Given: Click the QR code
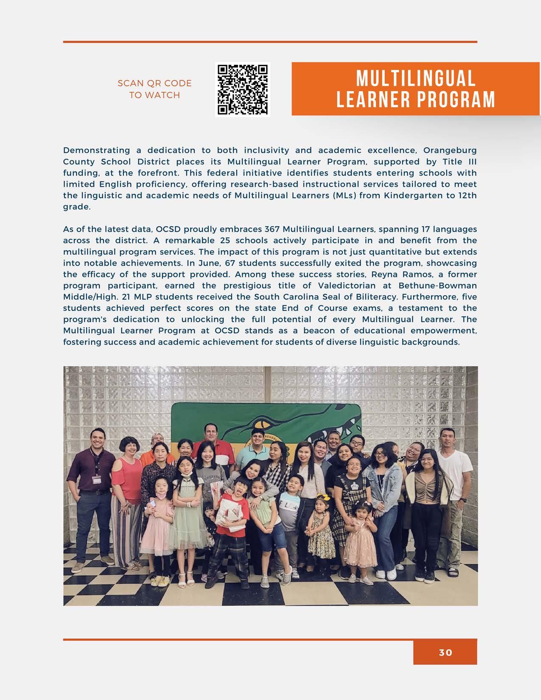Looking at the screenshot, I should click(x=243, y=89).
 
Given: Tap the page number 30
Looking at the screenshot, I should click(x=446, y=652).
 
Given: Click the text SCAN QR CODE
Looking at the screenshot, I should click(x=154, y=83).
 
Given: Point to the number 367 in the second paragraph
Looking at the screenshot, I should click(x=272, y=230).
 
